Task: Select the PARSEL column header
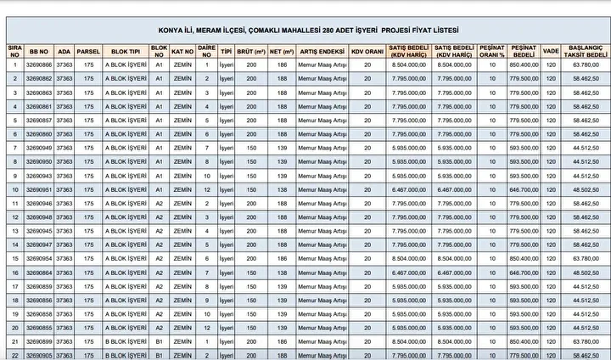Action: pos(89,50)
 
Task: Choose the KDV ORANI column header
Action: pos(367,50)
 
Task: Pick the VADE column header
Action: pos(551,50)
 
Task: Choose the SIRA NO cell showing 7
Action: pos(14,148)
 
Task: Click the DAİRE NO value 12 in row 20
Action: pos(207,327)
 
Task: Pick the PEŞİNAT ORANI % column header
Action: pos(492,50)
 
